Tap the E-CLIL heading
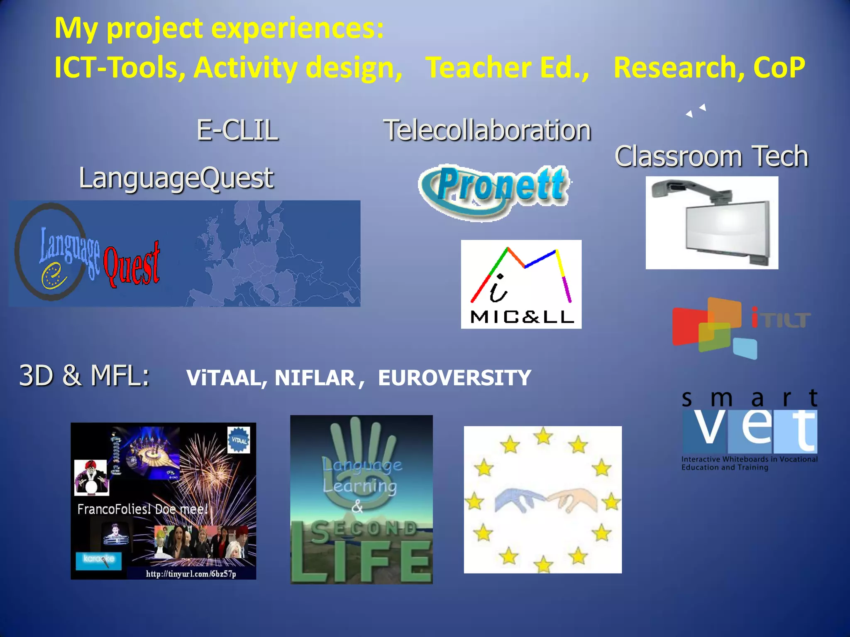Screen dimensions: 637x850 point(237,130)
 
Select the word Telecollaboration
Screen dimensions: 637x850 point(487,130)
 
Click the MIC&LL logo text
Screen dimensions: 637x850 point(522,317)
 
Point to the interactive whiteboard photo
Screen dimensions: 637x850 point(711,223)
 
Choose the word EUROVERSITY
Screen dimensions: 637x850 point(454,378)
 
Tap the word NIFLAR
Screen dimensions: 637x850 point(315,378)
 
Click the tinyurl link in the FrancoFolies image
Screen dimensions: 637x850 point(191,574)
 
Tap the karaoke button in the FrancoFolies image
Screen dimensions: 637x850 point(98,559)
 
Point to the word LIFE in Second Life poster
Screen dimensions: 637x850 point(361,562)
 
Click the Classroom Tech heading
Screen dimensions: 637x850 point(711,156)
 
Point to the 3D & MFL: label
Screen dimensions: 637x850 point(84,375)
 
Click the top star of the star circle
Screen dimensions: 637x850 point(543,436)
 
